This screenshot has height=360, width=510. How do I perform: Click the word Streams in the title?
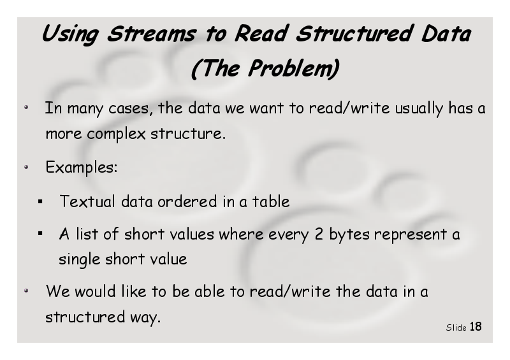(152, 34)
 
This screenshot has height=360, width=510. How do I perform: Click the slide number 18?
(476, 326)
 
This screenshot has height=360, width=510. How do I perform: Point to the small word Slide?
(456, 328)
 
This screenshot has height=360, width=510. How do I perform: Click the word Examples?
(82, 168)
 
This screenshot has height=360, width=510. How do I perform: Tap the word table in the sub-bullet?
(270, 201)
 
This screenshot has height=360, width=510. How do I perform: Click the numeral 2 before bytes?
(319, 234)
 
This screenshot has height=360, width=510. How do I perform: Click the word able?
(210, 291)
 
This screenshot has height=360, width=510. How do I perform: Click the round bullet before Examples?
(26, 167)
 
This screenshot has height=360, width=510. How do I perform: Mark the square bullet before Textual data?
(40, 202)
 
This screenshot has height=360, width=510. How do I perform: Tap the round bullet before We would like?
(26, 291)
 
